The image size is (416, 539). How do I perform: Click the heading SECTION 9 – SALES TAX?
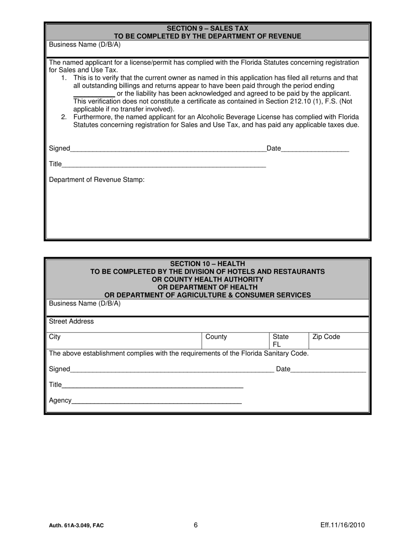pyautogui.click(x=208, y=28)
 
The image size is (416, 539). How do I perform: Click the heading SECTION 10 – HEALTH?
pyautogui.click(x=208, y=264)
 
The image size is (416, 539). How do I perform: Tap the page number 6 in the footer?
pyautogui.click(x=196, y=525)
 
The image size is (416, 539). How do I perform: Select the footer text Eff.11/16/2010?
pyautogui.click(x=342, y=525)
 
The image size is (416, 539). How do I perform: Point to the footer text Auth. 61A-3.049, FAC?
pyautogui.click(x=77, y=526)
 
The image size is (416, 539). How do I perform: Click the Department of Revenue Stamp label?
pyautogui.click(x=97, y=180)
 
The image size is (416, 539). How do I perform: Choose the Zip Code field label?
pyautogui.click(x=326, y=337)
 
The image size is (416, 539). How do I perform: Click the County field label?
pyautogui.click(x=216, y=337)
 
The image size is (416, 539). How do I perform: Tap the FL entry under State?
pyautogui.click(x=277, y=344)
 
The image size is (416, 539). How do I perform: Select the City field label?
pyautogui.click(x=55, y=337)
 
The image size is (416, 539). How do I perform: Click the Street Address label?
pyautogui.click(x=71, y=321)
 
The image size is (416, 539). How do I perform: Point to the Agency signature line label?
pyautogui.click(x=60, y=400)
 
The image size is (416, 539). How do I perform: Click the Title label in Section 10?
pyautogui.click(x=56, y=385)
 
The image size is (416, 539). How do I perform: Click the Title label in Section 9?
pyautogui.click(x=56, y=164)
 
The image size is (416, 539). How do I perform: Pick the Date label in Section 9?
pyautogui.click(x=274, y=149)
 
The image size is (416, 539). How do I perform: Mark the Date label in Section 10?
pyautogui.click(x=283, y=369)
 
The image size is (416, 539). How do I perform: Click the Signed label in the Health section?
pyautogui.click(x=59, y=369)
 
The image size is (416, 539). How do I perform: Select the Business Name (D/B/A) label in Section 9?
pyautogui.click(x=85, y=45)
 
